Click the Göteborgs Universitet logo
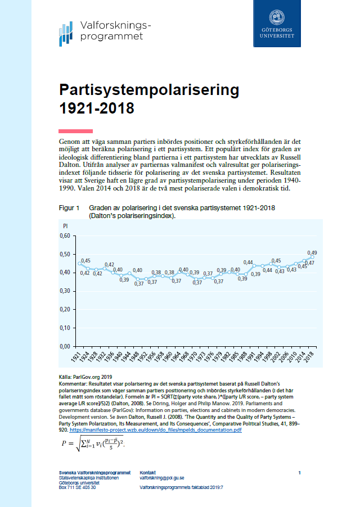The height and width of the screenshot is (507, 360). point(277,23)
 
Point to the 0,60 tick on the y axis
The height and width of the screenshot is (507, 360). point(68,236)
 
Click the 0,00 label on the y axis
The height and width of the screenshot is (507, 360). point(68,346)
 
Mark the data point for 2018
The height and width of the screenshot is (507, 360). point(313,257)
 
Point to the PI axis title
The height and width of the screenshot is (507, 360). point(65,226)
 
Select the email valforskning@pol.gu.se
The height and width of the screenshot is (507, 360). point(163,477)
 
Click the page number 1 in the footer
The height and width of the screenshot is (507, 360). point(300,472)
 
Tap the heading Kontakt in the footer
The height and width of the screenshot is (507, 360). point(148,472)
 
